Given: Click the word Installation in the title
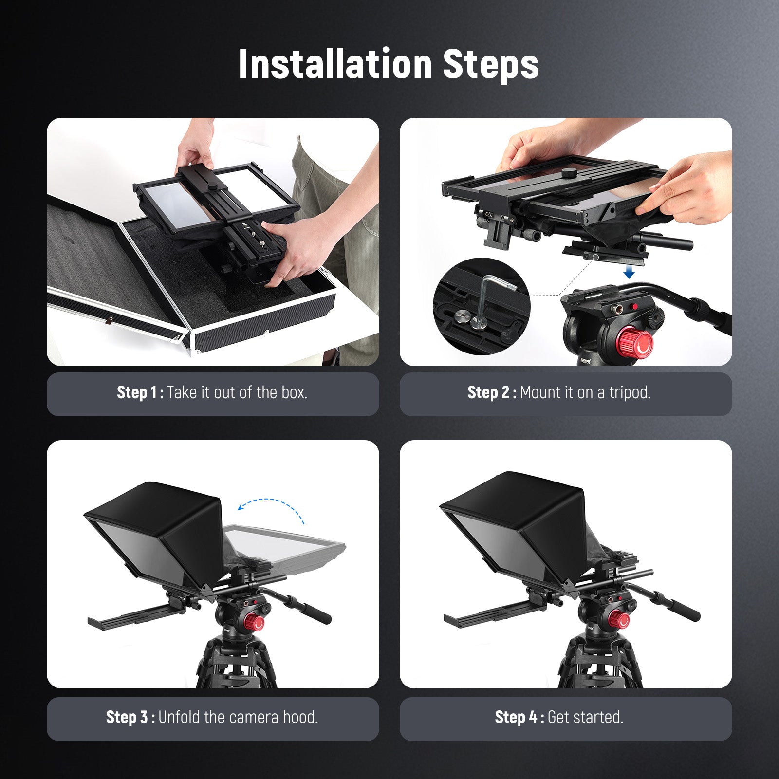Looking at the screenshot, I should [335, 64].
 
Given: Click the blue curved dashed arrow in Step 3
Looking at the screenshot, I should [273, 506].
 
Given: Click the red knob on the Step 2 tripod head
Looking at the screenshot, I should [635, 342].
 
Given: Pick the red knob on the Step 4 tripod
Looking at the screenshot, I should [618, 619].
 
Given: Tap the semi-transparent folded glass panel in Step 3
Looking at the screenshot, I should [282, 545].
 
